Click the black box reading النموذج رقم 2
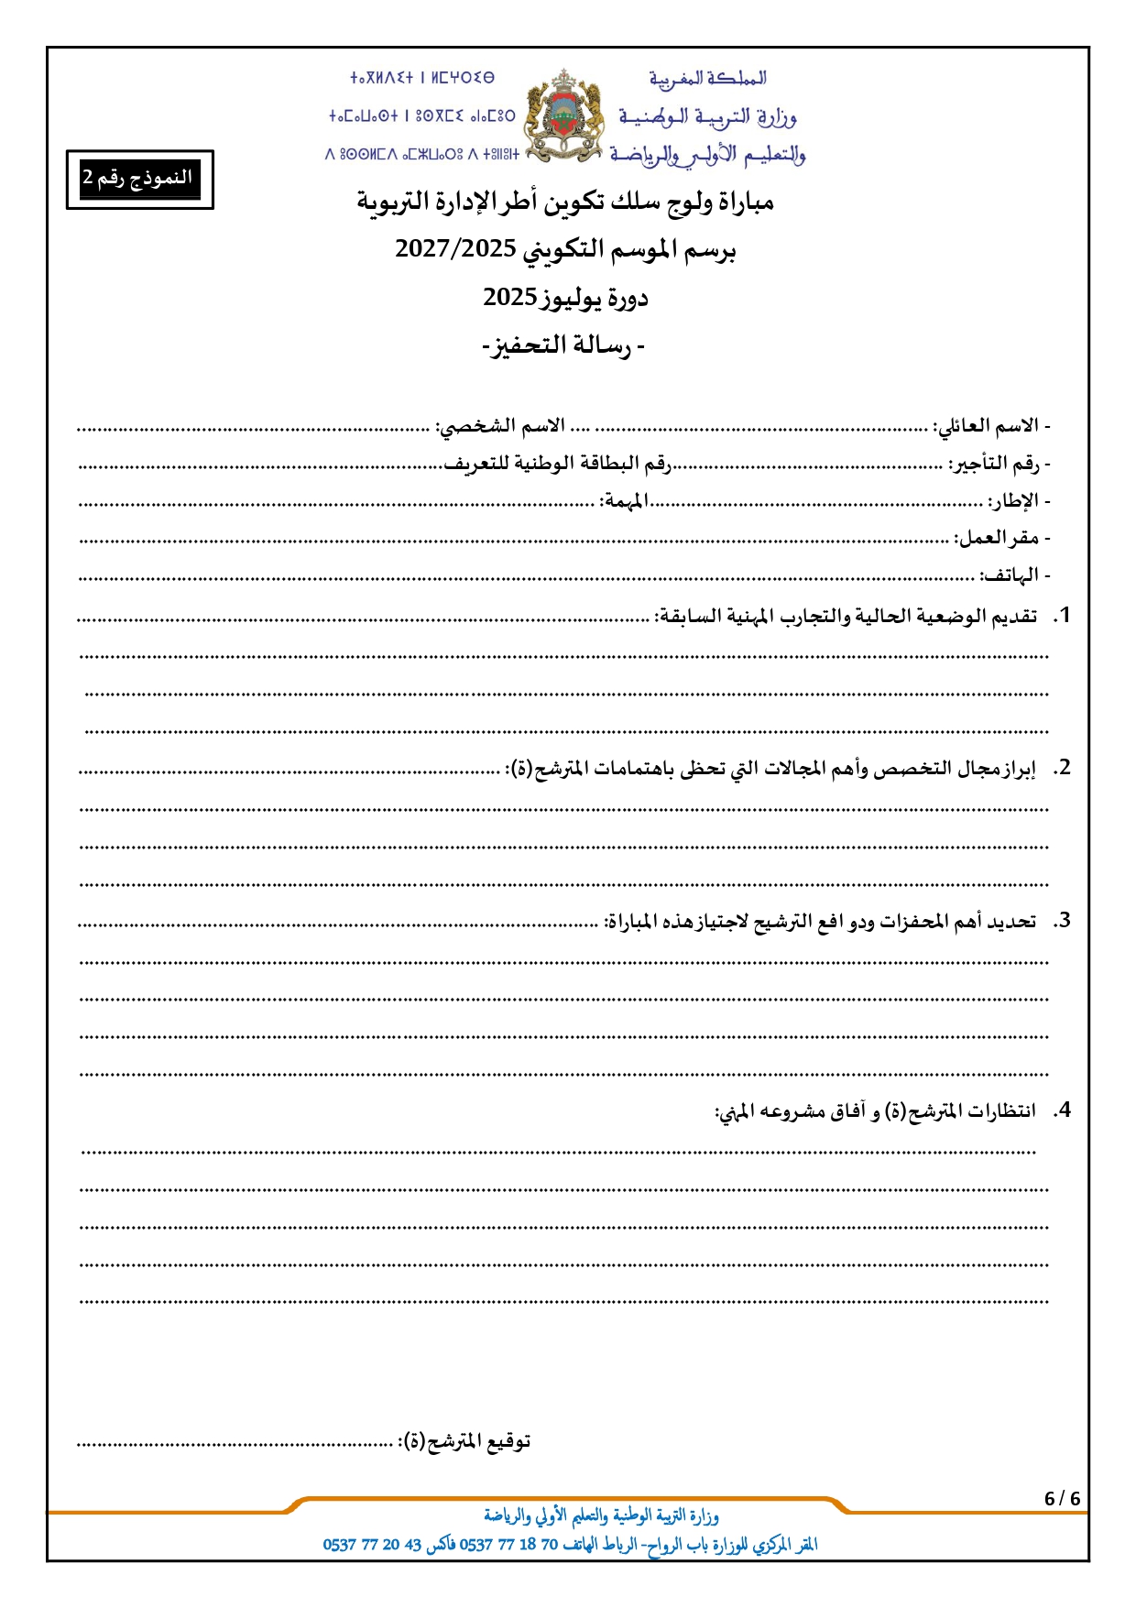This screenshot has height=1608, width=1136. click(x=139, y=179)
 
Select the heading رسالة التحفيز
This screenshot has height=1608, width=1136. click(x=563, y=345)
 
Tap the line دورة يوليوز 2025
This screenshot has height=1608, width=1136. click(x=565, y=298)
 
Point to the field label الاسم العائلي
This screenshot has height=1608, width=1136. click(x=988, y=426)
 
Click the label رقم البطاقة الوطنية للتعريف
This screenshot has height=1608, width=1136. click(x=558, y=464)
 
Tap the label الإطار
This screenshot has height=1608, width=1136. click(x=1013, y=501)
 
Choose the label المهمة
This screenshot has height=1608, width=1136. click(x=624, y=501)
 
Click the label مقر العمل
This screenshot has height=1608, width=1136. click(x=998, y=538)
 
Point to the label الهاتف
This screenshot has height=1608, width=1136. click(x=1010, y=575)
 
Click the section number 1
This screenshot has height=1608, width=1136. click(x=1063, y=616)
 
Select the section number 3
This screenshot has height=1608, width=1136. click(x=1063, y=921)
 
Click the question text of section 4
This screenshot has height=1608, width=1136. click(x=875, y=1111)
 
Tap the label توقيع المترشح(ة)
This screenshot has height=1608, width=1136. click(x=464, y=1441)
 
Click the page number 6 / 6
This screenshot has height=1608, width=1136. click(x=1062, y=1499)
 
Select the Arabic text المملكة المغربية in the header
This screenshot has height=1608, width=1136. click(x=707, y=79)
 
